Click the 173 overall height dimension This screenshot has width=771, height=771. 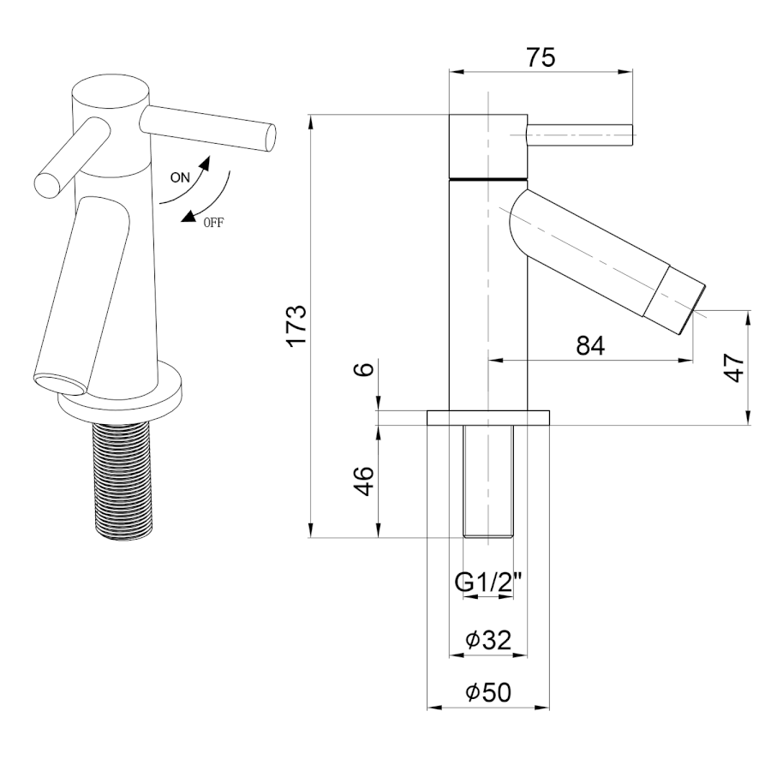296,326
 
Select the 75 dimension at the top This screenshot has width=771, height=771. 541,57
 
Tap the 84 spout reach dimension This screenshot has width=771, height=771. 590,346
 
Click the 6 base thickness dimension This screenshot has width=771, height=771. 365,369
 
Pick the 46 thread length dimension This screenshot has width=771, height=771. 365,481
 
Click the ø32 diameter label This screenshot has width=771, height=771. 488,640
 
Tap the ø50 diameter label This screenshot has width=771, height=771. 488,692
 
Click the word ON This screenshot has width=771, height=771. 180,178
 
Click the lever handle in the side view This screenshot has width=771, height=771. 579,134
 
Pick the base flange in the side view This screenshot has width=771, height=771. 488,417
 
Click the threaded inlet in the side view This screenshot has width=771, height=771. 489,480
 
